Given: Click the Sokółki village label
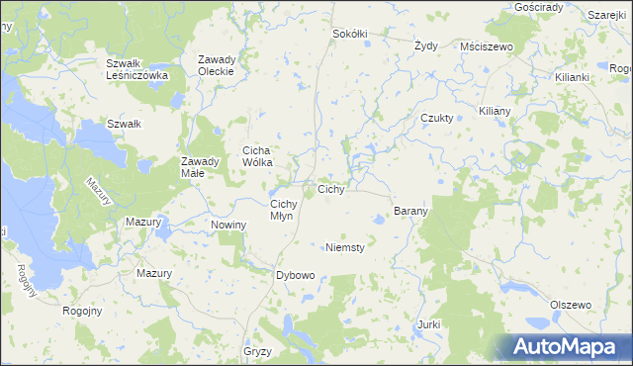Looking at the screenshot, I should [x=350, y=34].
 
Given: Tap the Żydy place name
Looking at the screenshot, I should [x=426, y=46].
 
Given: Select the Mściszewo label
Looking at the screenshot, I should [x=485, y=46].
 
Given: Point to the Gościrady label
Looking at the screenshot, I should [x=539, y=7].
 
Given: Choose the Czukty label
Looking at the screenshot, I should [x=437, y=118].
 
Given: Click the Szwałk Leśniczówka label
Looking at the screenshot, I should [x=138, y=69].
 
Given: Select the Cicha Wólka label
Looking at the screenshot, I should [x=265, y=156].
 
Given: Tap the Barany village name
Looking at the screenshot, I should [x=410, y=211].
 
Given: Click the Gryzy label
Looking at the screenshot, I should [x=256, y=351].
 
